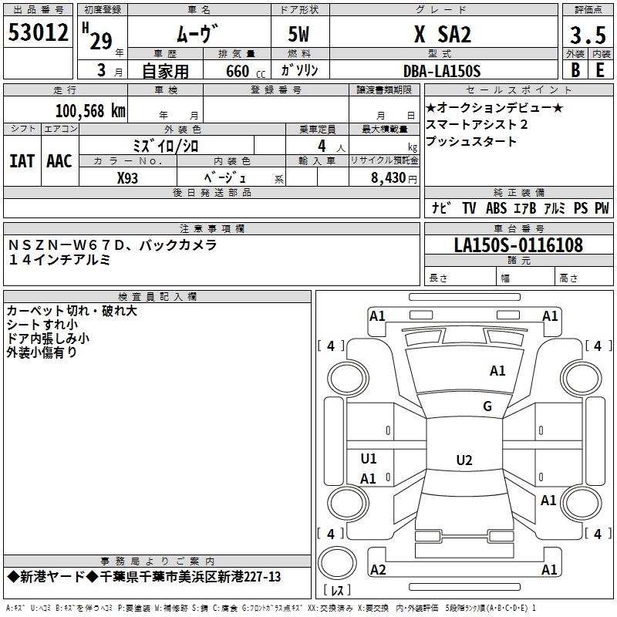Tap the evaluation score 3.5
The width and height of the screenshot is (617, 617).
pyautogui.click(x=587, y=35)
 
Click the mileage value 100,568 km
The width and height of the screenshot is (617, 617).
pyautogui.click(x=90, y=110)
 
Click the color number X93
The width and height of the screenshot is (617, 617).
pyautogui.click(x=128, y=178)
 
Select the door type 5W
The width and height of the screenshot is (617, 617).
pyautogui.click(x=300, y=35)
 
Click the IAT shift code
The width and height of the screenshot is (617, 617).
pyautogui.click(x=22, y=160)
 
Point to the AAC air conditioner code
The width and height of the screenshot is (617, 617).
pyautogui.click(x=59, y=160)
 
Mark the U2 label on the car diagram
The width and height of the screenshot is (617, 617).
pyautogui.click(x=464, y=460)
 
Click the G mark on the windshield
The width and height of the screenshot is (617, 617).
pyautogui.click(x=487, y=406)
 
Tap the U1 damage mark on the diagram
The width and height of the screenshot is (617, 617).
pyautogui.click(x=369, y=458)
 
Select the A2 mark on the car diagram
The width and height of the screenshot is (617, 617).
pyautogui.click(x=378, y=570)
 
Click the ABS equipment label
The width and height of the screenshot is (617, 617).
pyautogui.click(x=496, y=207)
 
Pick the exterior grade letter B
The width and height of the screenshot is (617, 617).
pyautogui.click(x=575, y=70)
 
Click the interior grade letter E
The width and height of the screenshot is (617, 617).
pyautogui.click(x=600, y=70)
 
